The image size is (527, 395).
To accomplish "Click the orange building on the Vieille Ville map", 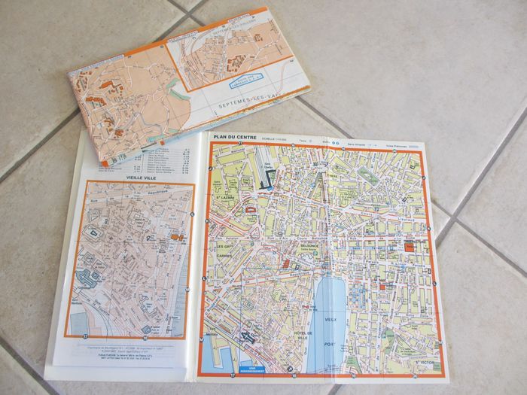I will pos(178,238).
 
